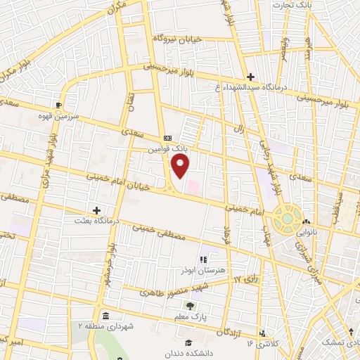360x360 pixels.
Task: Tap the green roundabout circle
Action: coord(287,218)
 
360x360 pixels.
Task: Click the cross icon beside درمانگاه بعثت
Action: coord(97,210)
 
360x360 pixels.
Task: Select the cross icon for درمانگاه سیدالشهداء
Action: coord(250,77)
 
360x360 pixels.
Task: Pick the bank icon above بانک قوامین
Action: coord(167,138)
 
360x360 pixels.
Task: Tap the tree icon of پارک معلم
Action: coord(190,305)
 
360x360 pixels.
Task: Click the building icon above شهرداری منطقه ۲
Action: coord(105,315)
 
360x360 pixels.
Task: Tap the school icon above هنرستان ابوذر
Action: coord(203,260)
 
